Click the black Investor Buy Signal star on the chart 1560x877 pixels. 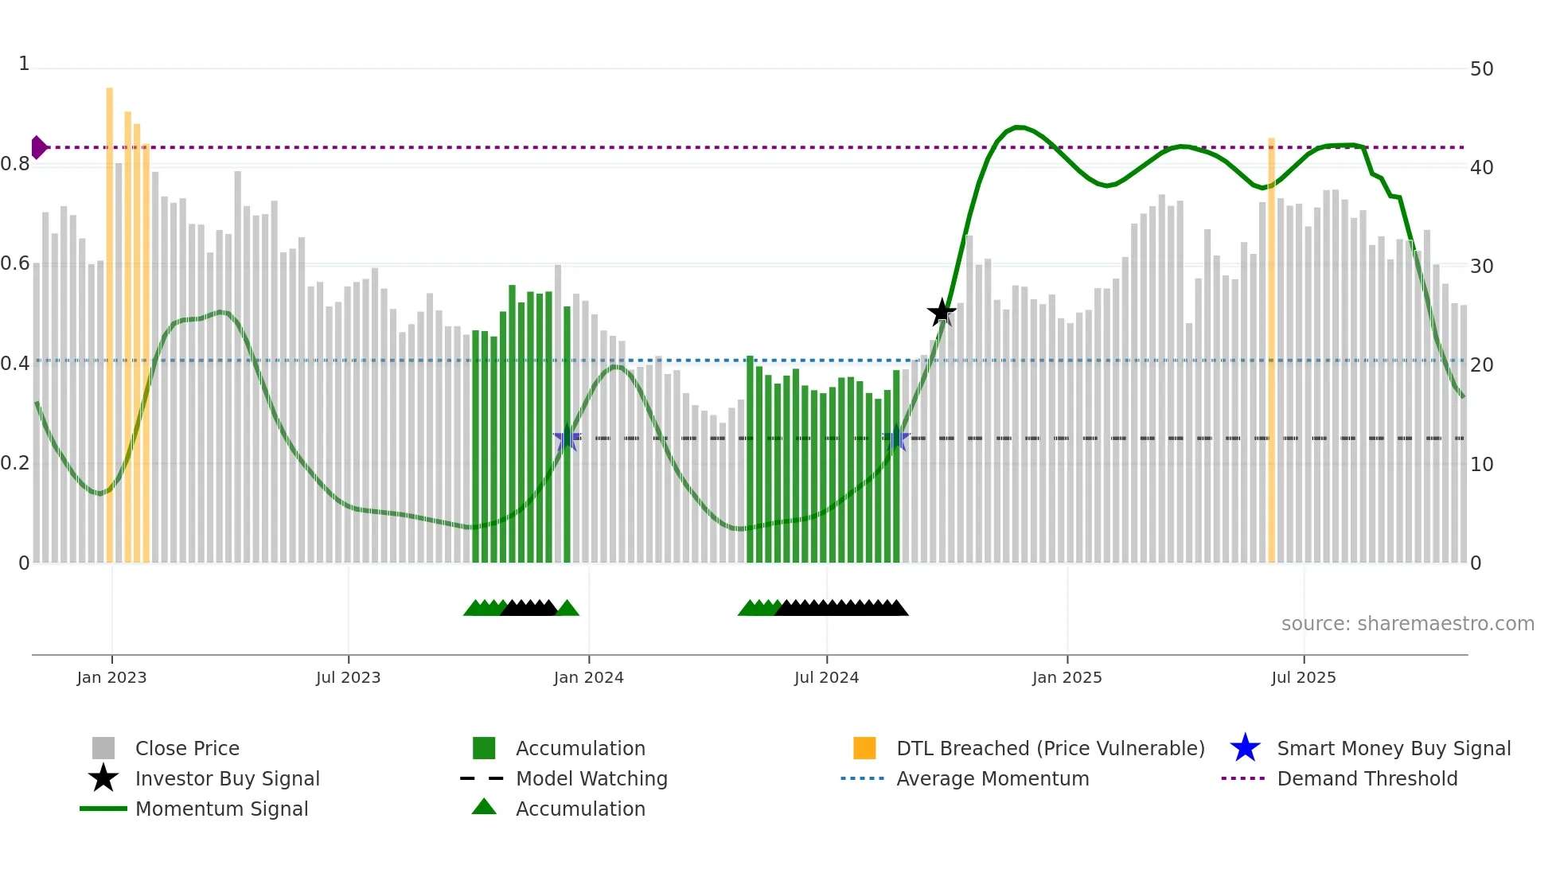tap(942, 313)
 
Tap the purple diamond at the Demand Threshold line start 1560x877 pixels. tap(38, 147)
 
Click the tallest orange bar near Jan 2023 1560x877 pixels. tap(110, 318)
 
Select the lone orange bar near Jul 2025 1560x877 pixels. tap(1271, 350)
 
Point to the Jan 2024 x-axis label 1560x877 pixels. tap(588, 677)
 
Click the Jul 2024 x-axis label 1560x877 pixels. tap(826, 677)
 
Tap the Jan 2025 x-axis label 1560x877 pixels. tap(1067, 677)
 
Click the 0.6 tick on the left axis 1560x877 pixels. tap(15, 263)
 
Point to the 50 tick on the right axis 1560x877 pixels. tap(1481, 69)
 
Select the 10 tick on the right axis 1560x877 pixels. tap(1481, 464)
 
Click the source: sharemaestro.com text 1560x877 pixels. tap(1407, 624)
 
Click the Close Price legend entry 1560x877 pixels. tap(187, 748)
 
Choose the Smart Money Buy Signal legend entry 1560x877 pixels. tap(1393, 748)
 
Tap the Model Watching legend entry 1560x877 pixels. tap(591, 778)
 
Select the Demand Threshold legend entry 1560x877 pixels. tap(1367, 778)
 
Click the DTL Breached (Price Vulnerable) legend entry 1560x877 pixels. tap(1050, 748)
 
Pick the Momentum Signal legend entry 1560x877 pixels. tap(221, 809)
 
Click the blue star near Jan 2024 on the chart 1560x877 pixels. tap(567, 438)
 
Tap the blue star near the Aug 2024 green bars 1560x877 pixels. tap(896, 438)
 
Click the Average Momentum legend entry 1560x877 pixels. tap(992, 778)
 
